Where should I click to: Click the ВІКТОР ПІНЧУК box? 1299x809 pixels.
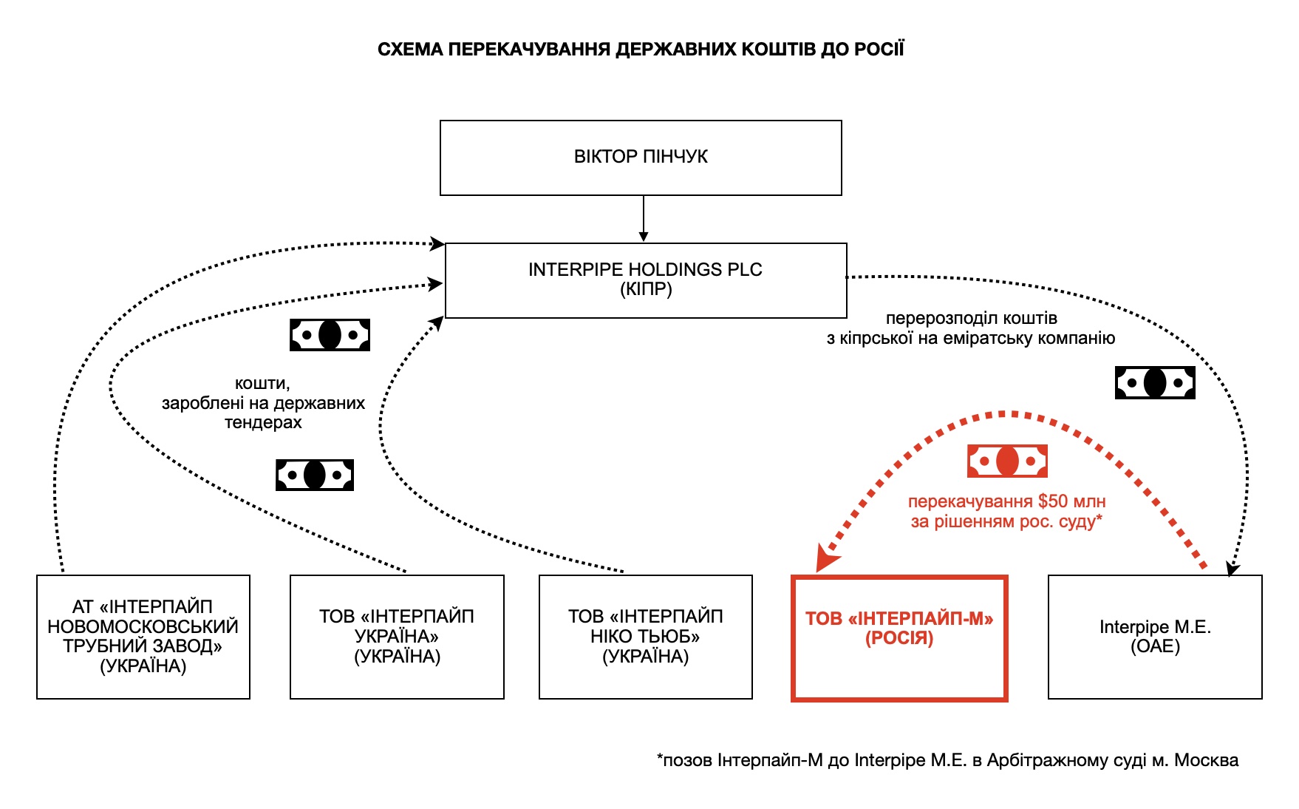click(641, 158)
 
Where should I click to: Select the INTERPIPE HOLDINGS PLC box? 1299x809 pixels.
click(645, 280)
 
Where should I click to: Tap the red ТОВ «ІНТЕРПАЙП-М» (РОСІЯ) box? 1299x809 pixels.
click(899, 638)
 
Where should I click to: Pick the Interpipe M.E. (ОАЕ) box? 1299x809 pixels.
click(1155, 637)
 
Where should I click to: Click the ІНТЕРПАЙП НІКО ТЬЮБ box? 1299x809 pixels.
click(645, 637)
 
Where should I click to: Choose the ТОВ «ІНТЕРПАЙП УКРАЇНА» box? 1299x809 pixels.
click(397, 637)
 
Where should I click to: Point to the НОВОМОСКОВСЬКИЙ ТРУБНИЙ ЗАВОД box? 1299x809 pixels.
click(143, 637)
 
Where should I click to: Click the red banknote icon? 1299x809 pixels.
click(1007, 461)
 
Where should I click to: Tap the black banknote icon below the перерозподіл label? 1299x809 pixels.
click(1154, 383)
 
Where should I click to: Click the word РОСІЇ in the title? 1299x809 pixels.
click(879, 50)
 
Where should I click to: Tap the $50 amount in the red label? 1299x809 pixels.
click(1052, 501)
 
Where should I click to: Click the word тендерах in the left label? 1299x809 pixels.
click(263, 423)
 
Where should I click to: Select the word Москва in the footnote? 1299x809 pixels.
click(1206, 760)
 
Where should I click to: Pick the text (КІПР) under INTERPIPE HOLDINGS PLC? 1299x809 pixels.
click(646, 289)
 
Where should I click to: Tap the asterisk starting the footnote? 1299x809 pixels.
click(660, 758)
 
